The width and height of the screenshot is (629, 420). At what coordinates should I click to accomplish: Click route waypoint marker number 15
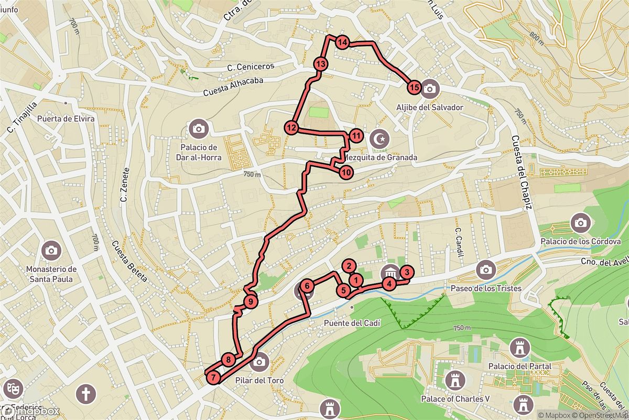pyautogui.click(x=414, y=88)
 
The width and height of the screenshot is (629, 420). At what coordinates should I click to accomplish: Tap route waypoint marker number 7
pyautogui.click(x=213, y=377)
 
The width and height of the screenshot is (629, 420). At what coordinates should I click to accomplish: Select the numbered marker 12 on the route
pyautogui.click(x=291, y=128)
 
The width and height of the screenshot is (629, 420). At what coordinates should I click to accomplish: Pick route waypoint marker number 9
pyautogui.click(x=251, y=301)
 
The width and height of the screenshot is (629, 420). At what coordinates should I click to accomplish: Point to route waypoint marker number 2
pyautogui.click(x=350, y=267)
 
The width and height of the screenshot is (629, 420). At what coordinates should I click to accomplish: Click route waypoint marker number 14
pyautogui.click(x=342, y=43)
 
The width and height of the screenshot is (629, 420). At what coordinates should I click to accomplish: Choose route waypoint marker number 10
pyautogui.click(x=345, y=172)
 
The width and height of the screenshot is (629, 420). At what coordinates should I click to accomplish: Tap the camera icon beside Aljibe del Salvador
pyautogui.click(x=430, y=89)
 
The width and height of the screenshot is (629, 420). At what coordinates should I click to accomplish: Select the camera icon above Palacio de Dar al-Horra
pyautogui.click(x=199, y=128)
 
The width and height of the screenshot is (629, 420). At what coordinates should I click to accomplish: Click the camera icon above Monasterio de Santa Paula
pyautogui.click(x=51, y=250)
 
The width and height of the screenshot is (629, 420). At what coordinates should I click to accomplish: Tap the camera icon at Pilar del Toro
pyautogui.click(x=258, y=362)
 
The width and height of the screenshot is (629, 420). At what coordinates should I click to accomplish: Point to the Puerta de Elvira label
pyautogui.click(x=66, y=119)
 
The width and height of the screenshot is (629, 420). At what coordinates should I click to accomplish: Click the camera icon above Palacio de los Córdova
pyautogui.click(x=580, y=223)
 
